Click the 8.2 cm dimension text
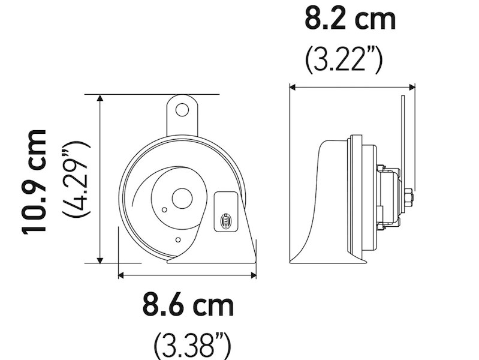[351, 19]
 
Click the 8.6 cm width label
[188, 305]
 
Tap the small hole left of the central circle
[164, 209]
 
